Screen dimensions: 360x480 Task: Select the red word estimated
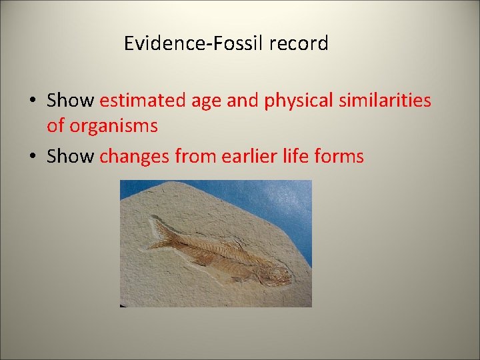[144, 101]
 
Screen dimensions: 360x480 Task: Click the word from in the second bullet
[195, 157]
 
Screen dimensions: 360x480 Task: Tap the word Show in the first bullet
[71, 101]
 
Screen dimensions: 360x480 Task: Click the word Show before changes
[71, 157]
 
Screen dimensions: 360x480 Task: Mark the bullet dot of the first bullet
[32, 101]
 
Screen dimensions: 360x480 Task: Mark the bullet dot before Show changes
[32, 157]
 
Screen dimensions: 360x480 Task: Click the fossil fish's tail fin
[161, 233]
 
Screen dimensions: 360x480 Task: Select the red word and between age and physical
[244, 101]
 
